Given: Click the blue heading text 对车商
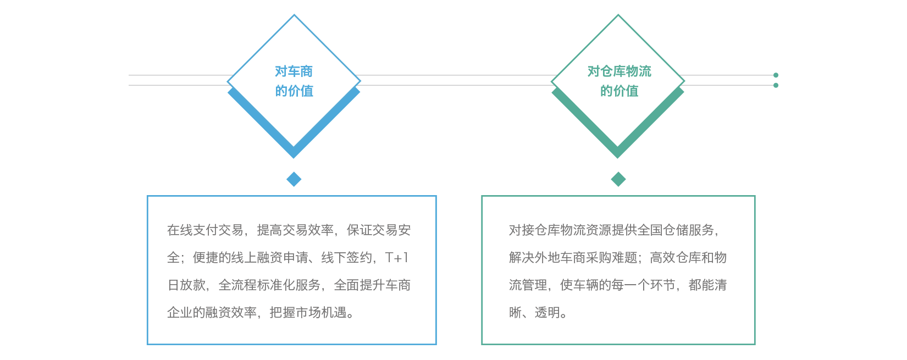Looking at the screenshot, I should pos(294,71).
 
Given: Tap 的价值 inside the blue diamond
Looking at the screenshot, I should pos(294,91).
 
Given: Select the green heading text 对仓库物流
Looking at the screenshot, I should pos(619,71).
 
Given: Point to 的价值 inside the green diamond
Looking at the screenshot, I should pos(619,91).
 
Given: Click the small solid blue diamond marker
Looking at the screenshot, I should pos(294,179).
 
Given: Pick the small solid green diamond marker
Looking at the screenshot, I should pos(618,179).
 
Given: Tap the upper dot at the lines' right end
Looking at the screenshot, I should pos(776,75).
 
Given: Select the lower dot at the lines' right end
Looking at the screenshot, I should pos(776,85).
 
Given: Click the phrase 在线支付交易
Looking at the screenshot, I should pos(205,230).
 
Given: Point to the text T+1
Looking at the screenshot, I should pos(397,258).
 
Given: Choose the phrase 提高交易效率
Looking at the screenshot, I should pos(295,230).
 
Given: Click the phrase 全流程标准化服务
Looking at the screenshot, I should pos(269,285).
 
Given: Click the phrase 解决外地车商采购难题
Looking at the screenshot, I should pos(573,258).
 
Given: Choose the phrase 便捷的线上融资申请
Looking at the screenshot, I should pos(250,258).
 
